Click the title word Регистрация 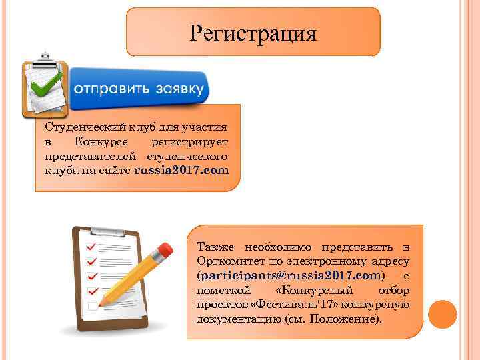point(253,32)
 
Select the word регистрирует point(189,141)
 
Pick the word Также point(213,247)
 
